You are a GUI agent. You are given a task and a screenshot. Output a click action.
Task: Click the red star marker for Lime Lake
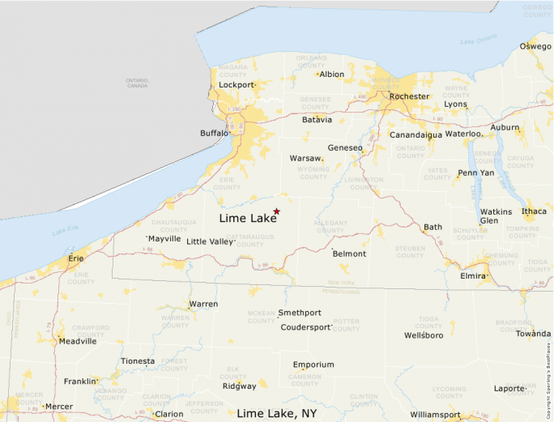(277, 211)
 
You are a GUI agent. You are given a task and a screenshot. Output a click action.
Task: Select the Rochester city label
(409, 96)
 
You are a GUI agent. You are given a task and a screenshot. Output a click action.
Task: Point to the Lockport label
(236, 85)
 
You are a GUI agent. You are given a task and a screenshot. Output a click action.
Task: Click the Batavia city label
(317, 120)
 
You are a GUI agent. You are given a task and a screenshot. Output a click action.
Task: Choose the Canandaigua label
(415, 135)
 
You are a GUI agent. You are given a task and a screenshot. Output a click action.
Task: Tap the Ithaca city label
(534, 211)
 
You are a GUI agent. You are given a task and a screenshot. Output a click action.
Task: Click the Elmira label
(474, 275)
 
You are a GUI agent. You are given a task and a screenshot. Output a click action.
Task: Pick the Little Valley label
(210, 241)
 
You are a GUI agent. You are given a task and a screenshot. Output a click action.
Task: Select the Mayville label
(164, 239)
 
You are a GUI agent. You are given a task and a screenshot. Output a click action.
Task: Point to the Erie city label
(75, 258)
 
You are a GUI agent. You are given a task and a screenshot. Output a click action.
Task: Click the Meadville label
(77, 341)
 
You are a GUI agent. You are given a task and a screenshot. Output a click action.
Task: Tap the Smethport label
(300, 313)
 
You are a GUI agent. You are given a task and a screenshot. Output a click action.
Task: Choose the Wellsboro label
(424, 335)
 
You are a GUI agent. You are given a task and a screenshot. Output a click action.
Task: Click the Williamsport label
(435, 415)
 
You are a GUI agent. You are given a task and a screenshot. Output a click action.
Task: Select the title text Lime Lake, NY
(276, 413)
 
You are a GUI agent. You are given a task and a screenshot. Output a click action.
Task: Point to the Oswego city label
(535, 46)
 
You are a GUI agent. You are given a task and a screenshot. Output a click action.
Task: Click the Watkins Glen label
(496, 216)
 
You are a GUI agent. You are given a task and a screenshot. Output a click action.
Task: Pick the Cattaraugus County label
(239, 241)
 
